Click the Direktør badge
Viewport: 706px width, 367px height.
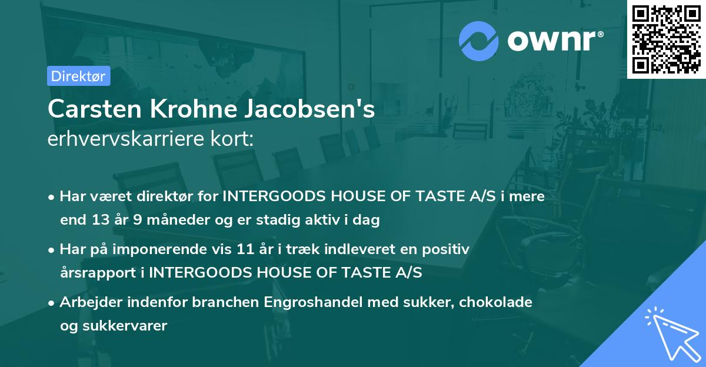click(78, 76)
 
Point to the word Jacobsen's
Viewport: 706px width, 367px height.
click(318, 109)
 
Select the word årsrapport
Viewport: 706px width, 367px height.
click(95, 272)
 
